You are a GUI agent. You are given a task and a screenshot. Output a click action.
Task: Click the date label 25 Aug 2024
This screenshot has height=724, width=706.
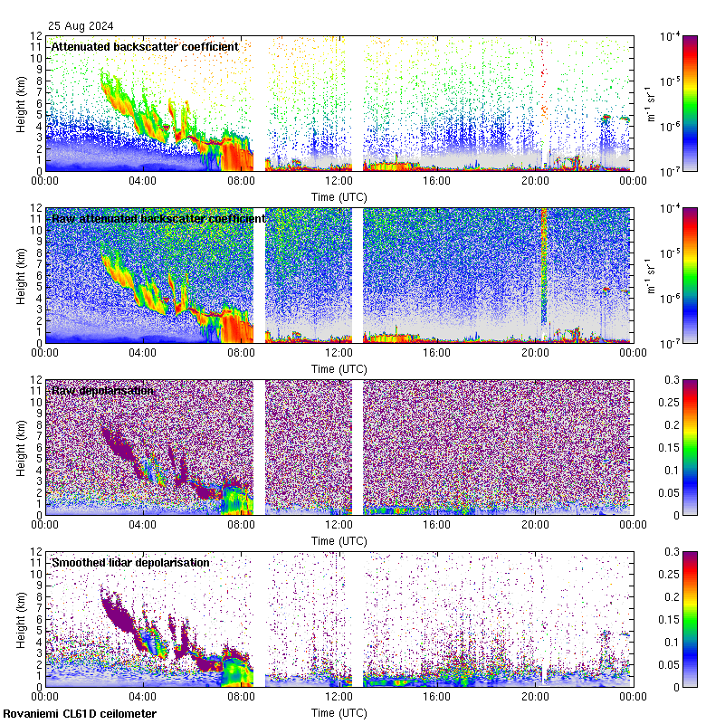coord(80,26)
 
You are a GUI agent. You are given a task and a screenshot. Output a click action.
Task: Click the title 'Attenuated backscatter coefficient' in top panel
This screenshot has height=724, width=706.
coord(145,46)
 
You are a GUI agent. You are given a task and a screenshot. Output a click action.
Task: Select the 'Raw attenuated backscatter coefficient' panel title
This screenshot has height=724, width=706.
coord(158,218)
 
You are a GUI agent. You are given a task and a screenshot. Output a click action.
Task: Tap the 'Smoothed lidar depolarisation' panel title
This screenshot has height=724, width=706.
coord(130,562)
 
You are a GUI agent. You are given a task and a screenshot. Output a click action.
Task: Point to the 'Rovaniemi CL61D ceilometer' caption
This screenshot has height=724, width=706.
coord(79,714)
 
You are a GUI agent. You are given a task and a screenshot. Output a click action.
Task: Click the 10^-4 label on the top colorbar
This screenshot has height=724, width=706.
coord(671,37)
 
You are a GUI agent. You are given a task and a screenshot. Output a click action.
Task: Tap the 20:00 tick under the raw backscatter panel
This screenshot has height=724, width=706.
coord(535,353)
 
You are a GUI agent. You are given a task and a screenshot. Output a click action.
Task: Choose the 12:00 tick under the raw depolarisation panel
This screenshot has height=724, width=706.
coord(339,525)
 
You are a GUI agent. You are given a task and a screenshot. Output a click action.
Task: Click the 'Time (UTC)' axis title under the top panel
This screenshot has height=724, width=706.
coord(339,196)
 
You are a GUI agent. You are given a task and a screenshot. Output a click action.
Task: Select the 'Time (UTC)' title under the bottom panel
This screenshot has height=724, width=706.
coord(339,713)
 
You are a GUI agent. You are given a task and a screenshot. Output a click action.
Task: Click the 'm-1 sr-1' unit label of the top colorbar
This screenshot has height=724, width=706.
coord(649,103)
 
